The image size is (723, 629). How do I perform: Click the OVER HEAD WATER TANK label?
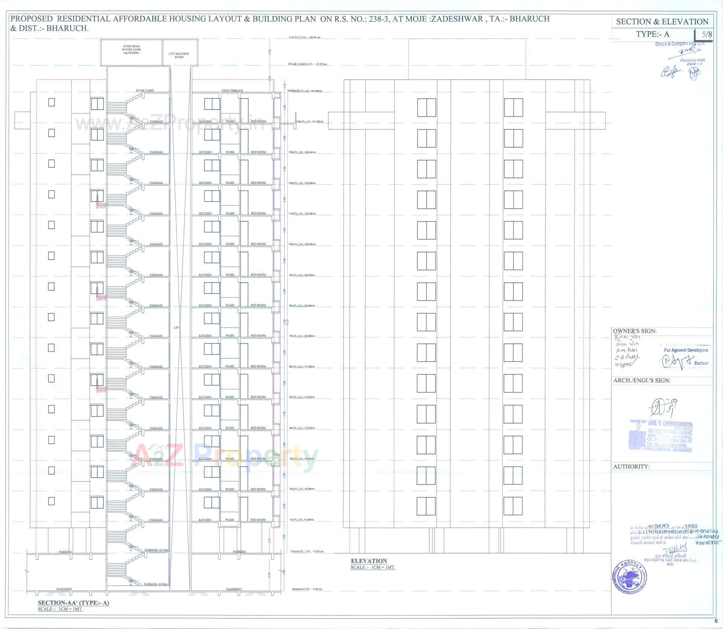131,49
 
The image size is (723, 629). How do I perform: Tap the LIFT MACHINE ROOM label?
179,55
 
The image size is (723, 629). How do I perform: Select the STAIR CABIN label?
145,90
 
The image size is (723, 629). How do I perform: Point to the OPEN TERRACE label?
232,90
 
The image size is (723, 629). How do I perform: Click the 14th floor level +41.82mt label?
310,122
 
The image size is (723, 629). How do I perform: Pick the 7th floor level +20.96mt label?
302,336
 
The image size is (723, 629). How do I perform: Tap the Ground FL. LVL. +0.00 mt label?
307,551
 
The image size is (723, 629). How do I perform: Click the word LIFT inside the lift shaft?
177,328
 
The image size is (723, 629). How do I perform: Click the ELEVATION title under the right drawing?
369,561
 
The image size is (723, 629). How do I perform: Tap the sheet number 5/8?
706,35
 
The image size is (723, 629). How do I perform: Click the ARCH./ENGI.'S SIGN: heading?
642,380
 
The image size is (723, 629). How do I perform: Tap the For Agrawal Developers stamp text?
686,350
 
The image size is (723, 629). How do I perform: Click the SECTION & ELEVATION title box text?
662,22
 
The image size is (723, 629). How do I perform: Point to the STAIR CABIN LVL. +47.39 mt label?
307,64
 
